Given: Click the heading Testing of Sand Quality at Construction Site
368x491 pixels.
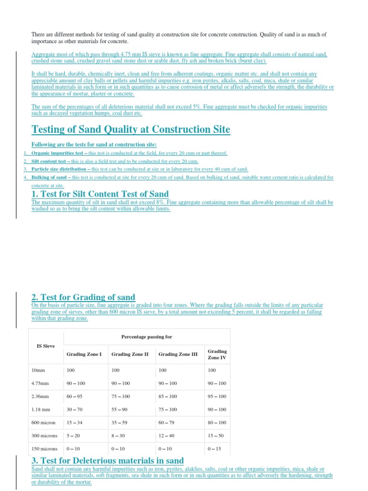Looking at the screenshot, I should click(130, 129).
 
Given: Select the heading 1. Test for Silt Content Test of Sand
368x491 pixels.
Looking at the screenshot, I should click(100, 194).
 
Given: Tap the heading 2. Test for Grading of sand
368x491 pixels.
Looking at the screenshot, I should click(83, 297).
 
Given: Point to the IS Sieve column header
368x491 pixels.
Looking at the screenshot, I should click(46, 345).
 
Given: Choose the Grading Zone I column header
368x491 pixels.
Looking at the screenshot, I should click(84, 354).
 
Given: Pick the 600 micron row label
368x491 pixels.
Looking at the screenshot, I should click(44, 423).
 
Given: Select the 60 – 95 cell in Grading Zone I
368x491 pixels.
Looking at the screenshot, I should click(75, 397).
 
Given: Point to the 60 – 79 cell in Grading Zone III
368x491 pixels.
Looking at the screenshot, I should click(168, 423).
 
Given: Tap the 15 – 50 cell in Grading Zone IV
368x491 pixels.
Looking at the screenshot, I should click(216, 436).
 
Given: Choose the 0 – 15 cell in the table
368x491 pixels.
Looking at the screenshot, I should click(215, 449).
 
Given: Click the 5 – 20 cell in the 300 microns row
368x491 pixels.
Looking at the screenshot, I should click(73, 436).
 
